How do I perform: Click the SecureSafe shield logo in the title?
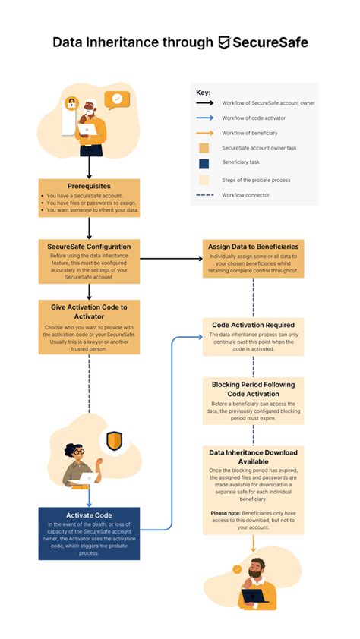pos(225,42)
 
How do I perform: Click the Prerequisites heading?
pos(89,185)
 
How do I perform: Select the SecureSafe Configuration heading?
pos(89,247)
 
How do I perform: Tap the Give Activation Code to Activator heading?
pos(89,312)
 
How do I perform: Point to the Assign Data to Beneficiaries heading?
pos(253,247)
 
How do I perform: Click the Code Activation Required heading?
pos(253,325)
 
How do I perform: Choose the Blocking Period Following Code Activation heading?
pos(253,389)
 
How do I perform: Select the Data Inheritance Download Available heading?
pos(253,458)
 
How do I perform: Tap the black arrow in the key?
pos(204,102)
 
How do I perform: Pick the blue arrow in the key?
pos(204,117)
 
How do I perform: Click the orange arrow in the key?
pos(204,132)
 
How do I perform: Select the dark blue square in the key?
pos(204,163)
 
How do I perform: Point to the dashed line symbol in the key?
pos(204,195)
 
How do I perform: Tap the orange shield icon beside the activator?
pos(114,441)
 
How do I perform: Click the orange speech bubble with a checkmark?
pos(117,99)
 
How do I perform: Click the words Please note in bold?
pos(224,513)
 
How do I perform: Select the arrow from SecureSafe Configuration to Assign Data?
pos(171,259)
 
